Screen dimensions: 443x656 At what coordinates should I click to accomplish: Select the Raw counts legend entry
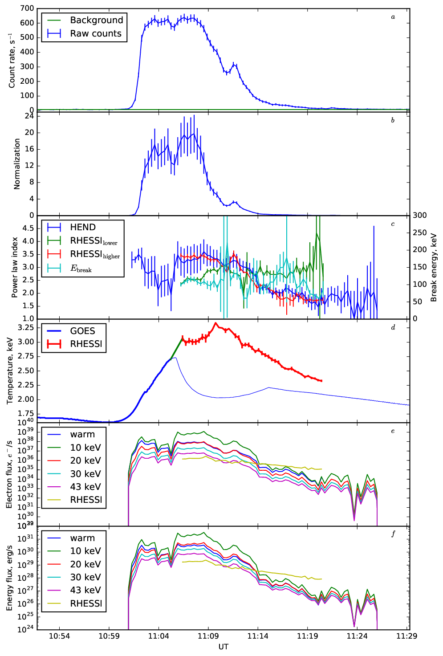coord(84,34)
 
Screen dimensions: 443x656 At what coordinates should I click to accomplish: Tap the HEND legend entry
coord(71,227)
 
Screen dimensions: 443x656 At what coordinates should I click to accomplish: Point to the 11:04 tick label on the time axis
coord(159,636)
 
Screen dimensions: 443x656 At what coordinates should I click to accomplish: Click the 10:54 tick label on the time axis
coord(59,636)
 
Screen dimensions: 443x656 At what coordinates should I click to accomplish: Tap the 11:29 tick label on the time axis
coord(407,636)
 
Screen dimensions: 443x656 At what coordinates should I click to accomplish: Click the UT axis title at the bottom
coord(224,647)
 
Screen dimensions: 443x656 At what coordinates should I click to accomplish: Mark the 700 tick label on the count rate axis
coord(27,8)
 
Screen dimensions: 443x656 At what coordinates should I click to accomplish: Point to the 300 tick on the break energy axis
coord(420,215)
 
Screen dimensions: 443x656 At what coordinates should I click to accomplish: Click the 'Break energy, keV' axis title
coord(434,267)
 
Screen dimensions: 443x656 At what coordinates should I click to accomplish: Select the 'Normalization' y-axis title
coord(16,164)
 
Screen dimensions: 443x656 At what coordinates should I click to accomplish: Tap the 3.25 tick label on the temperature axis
coord(26,327)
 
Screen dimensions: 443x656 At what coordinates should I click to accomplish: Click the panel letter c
coord(393,224)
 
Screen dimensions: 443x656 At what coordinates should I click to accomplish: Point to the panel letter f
coord(393,534)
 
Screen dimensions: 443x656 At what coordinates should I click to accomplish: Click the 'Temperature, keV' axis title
coord(10,371)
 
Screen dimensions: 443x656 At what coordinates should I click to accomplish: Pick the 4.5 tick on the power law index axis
coord(28,228)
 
